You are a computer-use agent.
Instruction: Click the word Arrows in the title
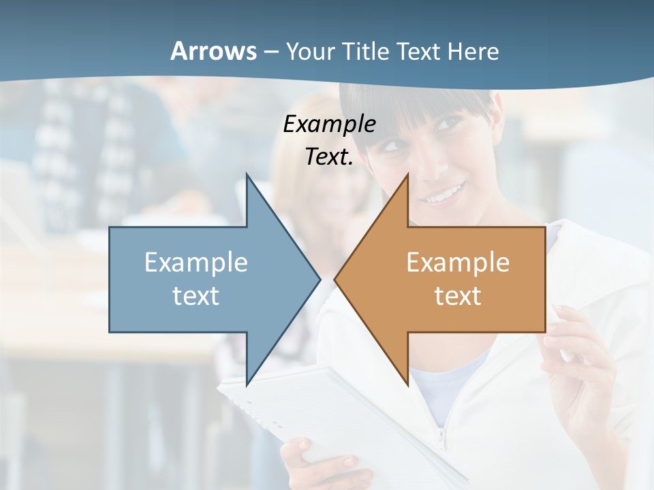coord(213,51)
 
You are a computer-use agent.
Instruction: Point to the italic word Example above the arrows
coord(329,124)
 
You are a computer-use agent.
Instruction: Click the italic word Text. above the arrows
coord(329,157)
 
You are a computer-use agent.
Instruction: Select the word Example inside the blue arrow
coord(196,262)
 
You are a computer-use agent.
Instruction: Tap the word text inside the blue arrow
coord(196,295)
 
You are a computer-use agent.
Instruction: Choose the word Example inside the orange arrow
coord(458,262)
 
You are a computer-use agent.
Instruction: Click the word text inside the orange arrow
coord(458,295)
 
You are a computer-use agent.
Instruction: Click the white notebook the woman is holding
coord(341,422)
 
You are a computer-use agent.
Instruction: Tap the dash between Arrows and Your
coord(270,52)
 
